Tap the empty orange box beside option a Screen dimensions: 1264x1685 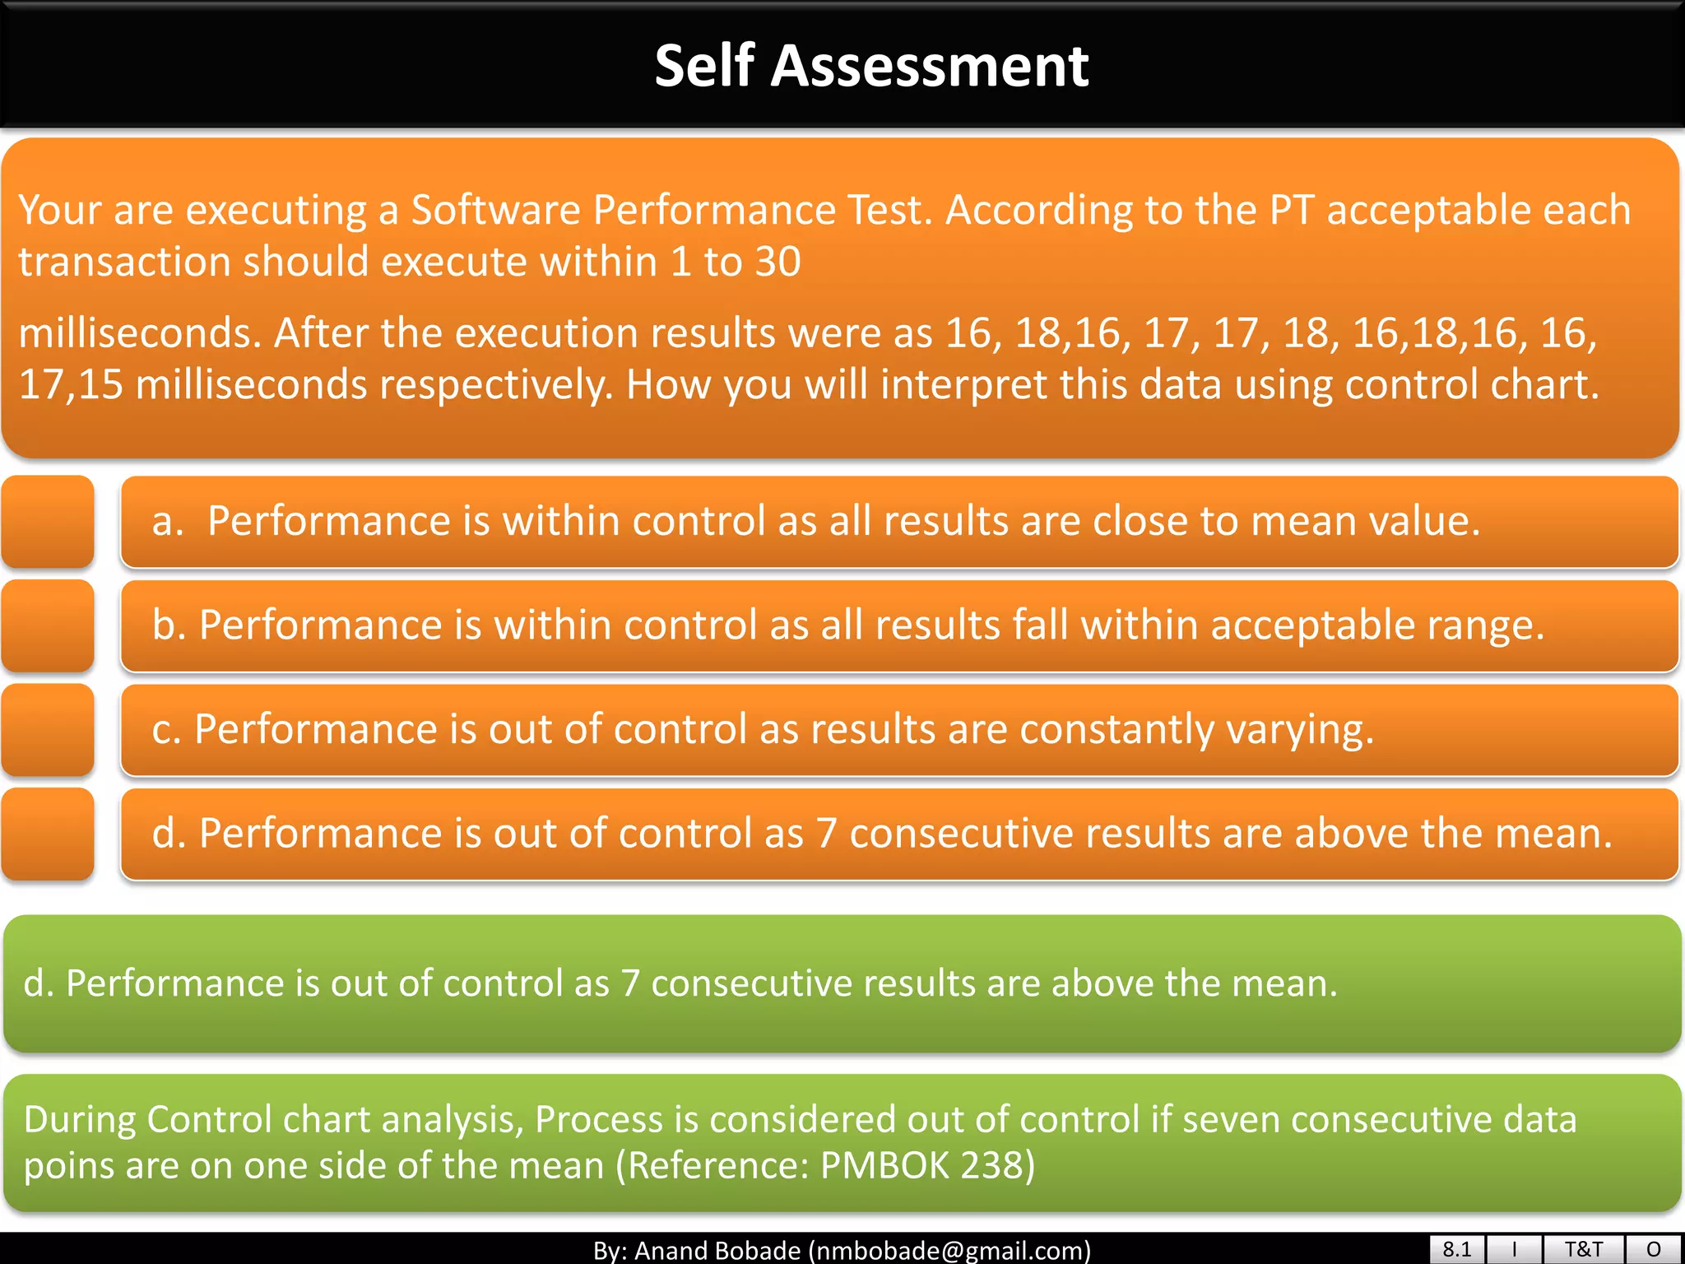48,522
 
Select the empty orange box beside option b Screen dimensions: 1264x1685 48,626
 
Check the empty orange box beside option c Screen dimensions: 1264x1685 48,730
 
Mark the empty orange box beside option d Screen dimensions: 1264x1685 48,834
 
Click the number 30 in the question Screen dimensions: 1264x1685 778,262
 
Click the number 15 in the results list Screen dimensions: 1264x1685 100,384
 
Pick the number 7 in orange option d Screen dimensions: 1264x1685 826,834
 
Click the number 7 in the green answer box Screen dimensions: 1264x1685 630,983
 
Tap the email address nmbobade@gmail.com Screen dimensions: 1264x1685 949,1251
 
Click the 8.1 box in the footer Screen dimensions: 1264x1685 1456,1249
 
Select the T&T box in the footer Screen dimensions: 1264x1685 1583,1249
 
